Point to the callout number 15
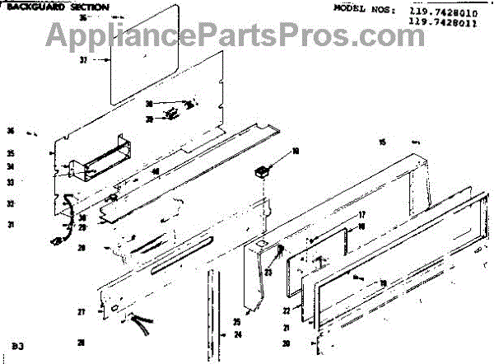381,142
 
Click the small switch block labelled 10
262,170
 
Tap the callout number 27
82,312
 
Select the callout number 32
12,203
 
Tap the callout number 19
382,283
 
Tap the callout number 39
150,119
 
